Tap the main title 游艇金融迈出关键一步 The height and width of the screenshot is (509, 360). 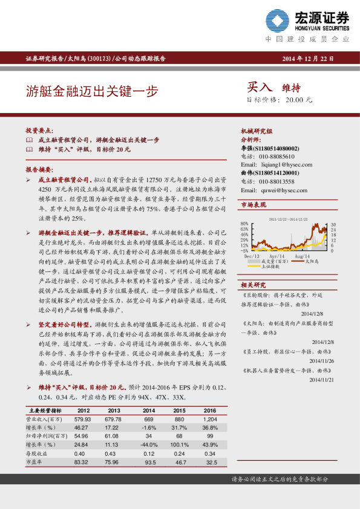tap(91, 91)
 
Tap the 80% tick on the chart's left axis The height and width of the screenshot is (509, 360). tap(245, 224)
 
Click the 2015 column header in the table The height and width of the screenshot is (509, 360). tap(179, 410)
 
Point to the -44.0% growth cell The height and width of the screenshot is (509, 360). tap(149, 444)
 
